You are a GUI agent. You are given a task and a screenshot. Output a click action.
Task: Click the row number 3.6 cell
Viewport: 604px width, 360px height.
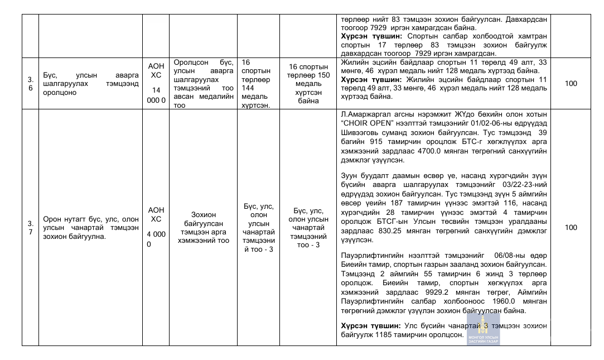coord(31,84)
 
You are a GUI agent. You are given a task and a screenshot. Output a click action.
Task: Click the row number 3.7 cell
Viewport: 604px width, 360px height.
coord(31,227)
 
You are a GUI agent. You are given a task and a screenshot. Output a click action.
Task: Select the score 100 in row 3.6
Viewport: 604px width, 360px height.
coord(571,84)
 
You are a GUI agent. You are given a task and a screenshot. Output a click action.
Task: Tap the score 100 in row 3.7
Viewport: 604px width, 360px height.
coord(571,227)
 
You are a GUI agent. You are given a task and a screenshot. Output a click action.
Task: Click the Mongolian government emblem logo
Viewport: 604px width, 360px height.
coord(483,330)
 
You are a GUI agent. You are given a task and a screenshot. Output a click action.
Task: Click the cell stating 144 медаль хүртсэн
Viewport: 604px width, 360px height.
coord(256,84)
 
